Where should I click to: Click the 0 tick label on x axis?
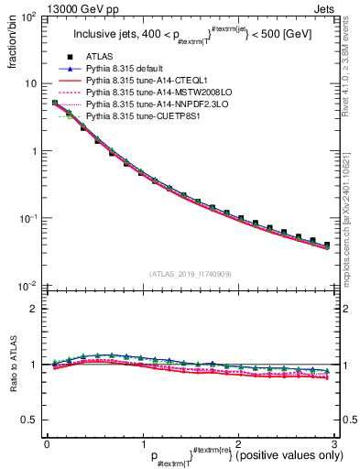[x=47, y=442]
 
